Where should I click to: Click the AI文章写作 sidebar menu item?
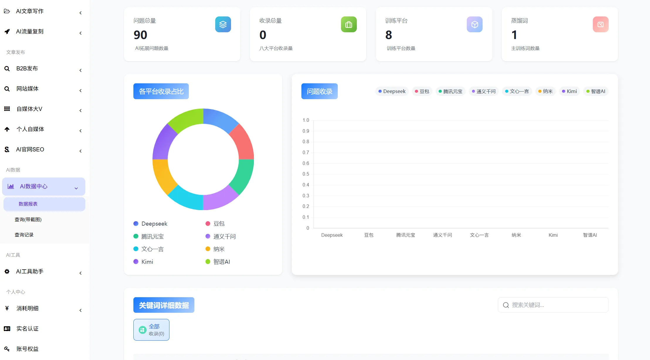[30, 11]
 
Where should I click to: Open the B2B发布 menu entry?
[27, 68]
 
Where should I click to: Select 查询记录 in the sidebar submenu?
[24, 235]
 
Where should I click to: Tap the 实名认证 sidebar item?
[27, 329]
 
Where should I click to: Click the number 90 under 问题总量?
[140, 35]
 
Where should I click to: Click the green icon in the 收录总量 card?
[349, 24]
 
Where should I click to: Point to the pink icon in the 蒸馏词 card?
[600, 24]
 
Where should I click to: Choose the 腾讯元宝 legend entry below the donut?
[149, 236]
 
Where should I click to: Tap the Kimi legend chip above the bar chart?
[569, 91]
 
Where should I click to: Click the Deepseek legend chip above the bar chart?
[392, 91]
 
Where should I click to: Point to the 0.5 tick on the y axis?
[306, 174]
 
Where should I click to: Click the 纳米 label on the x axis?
[516, 235]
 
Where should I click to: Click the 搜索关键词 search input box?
[553, 305]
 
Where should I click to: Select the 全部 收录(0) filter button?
[151, 330]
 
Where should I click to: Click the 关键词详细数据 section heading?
[164, 305]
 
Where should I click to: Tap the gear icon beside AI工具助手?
[7, 271]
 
